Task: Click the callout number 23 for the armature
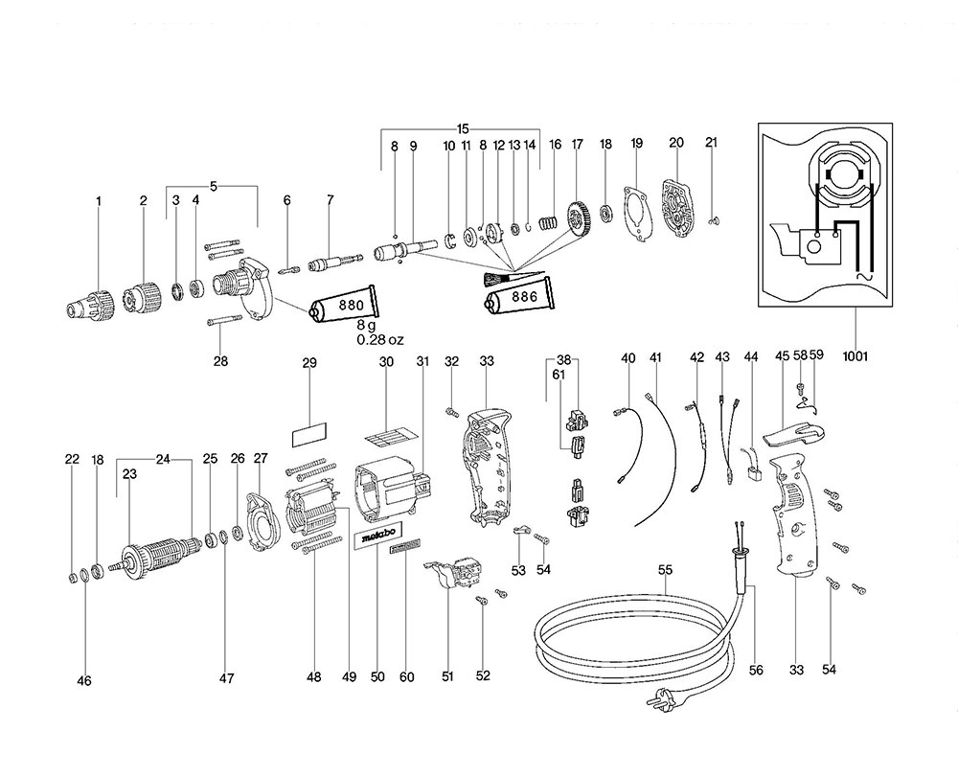[x=129, y=472]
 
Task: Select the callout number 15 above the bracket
[x=463, y=128]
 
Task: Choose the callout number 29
[x=309, y=363]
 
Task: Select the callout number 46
[x=84, y=681]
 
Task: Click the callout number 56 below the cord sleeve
[x=756, y=671]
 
